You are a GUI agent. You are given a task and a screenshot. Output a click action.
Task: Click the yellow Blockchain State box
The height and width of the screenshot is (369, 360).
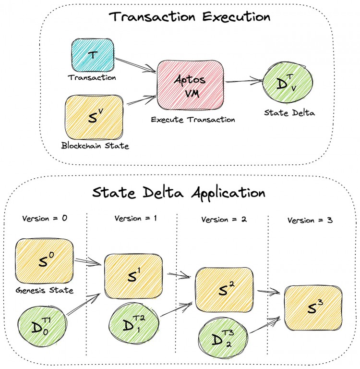95,117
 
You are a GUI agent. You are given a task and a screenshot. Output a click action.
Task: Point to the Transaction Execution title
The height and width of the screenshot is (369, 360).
190,17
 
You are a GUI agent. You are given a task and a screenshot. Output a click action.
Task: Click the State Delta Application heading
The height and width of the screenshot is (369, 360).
179,193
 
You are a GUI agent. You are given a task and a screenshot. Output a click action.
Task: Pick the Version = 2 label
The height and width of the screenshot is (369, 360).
224,219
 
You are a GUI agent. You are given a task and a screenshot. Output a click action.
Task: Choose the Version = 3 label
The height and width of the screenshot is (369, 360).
310,221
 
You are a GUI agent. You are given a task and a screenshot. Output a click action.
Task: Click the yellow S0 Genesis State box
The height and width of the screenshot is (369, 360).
45,261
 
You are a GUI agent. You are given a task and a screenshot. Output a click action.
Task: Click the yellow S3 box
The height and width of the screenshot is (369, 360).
313,308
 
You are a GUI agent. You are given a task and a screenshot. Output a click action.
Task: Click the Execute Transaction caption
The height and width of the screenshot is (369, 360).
192,119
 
